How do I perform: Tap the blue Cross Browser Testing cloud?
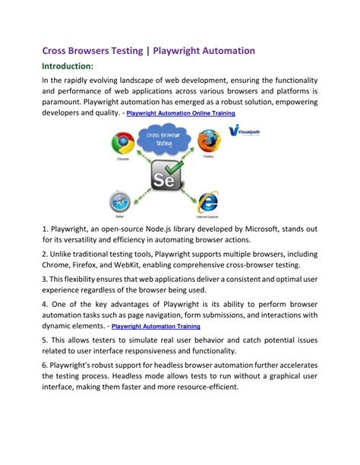160,141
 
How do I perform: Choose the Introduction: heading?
67,67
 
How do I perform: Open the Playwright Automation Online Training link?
181,113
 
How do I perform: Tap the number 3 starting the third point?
44,280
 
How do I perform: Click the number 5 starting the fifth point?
45,339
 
